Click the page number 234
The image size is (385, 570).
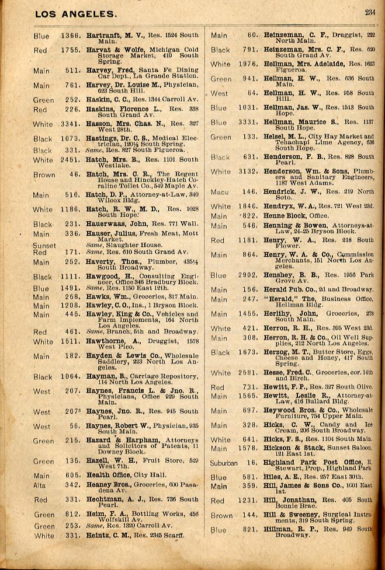[x=370, y=12]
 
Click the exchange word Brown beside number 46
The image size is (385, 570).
[x=44, y=174]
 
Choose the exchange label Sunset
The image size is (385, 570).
[x=44, y=246]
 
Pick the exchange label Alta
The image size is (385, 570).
[x=40, y=485]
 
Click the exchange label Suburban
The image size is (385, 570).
[x=224, y=463]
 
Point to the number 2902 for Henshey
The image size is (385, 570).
[x=248, y=275]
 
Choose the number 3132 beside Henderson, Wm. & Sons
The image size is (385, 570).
[x=248, y=171]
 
